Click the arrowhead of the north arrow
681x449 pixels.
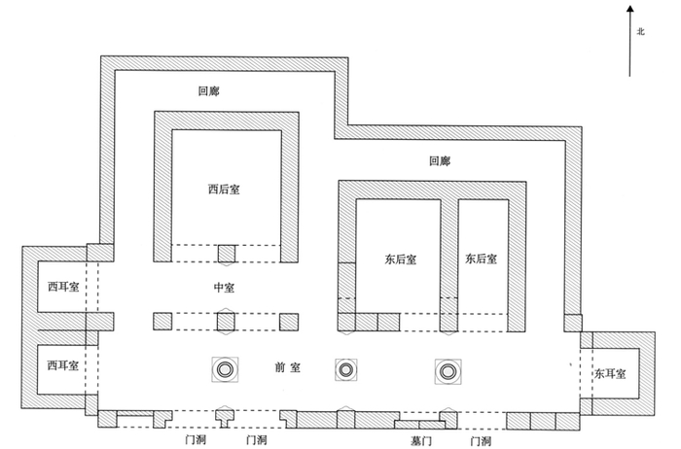pos(630,10)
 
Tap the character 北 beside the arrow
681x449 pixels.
pos(641,31)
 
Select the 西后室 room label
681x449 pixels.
pos(223,190)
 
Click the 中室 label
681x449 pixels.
pos(225,288)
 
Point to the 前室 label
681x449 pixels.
pos(289,368)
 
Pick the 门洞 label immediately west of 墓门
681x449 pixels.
pos(257,440)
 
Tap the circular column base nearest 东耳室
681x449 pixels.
pos(448,369)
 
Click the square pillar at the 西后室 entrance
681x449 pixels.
pos(227,254)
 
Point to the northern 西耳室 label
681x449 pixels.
pos(62,288)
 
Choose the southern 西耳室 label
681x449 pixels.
pos(62,364)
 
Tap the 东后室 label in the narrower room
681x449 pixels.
pos(481,259)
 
